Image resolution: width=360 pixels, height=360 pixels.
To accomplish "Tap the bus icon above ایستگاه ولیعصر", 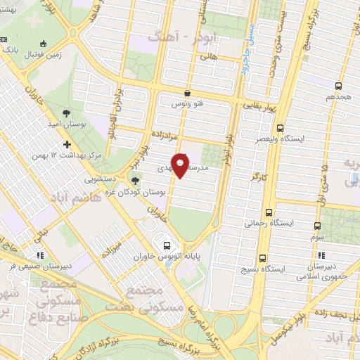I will click(281, 129).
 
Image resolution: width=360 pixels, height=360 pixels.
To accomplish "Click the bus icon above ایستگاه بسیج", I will click(264, 258).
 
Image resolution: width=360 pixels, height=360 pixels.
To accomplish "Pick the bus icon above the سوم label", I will click(317, 226).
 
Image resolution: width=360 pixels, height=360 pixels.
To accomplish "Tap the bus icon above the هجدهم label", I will click(330, 88).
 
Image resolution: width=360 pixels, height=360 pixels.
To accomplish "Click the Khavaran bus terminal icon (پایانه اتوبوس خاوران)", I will click(167, 245).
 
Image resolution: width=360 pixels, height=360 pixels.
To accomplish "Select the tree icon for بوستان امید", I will click(65, 112).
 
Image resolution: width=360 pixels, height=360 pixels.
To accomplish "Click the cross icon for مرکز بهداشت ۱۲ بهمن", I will click(67, 144).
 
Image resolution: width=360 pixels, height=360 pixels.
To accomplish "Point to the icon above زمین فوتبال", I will click(44, 42).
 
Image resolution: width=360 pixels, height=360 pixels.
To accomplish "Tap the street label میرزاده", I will click(112, 247).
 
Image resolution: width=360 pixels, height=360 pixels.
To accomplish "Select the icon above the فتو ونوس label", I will click(187, 93).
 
